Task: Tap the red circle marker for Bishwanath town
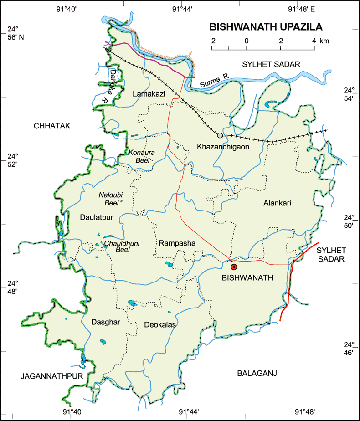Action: click(234, 267)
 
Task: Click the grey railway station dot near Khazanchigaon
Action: click(221, 135)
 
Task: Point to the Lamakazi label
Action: click(146, 94)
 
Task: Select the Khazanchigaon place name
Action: click(220, 147)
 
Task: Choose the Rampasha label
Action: click(177, 244)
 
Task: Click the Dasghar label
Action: click(105, 322)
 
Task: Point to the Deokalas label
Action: click(160, 325)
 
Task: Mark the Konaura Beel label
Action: click(143, 156)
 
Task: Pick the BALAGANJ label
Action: click(257, 373)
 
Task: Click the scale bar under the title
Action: click(263, 47)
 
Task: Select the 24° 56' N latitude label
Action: click(14, 34)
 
